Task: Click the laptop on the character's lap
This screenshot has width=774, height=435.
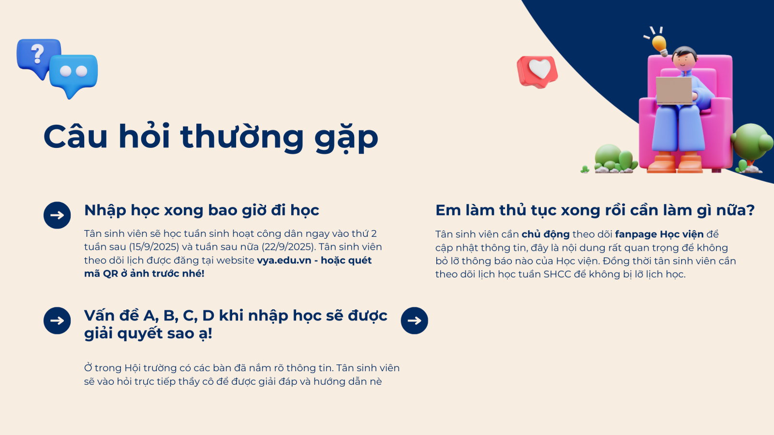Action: coord(674,90)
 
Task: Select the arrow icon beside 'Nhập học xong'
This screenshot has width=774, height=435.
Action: coord(57,215)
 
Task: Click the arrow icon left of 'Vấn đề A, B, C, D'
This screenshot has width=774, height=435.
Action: coord(57,320)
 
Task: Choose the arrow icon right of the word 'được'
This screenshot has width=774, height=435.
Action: coord(414,320)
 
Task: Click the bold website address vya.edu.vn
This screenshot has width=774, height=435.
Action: coord(284,261)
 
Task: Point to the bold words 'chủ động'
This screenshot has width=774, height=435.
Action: coord(546,234)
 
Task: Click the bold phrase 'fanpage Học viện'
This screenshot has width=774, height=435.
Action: coord(659,234)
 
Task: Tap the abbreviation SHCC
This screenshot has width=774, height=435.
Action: coord(557,275)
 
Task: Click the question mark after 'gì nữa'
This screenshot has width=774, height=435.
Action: coord(750,210)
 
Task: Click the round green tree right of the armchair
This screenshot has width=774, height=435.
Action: coord(752,142)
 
